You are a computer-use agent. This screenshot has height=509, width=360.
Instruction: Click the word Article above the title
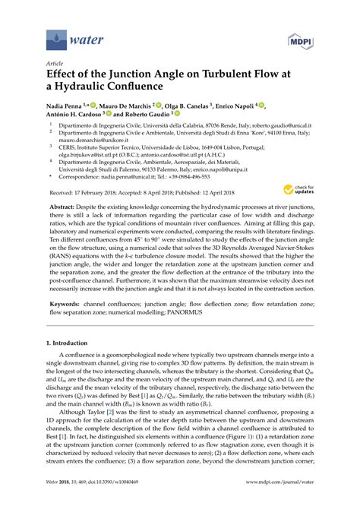[x=56, y=65]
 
